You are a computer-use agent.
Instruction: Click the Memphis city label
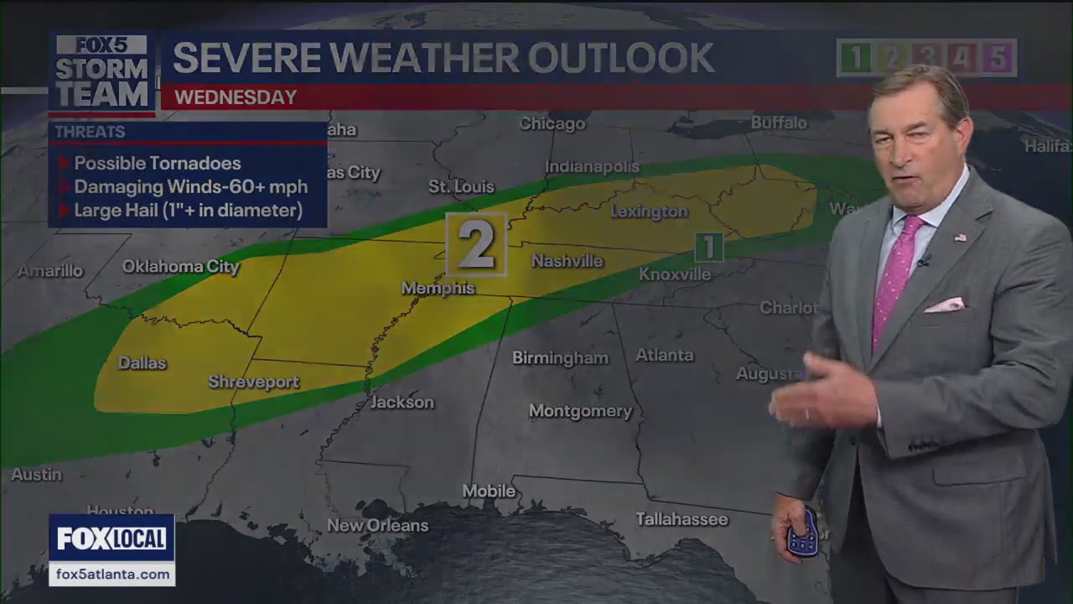[x=438, y=289]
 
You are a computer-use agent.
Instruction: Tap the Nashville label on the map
[x=568, y=262]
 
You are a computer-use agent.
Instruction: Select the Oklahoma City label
[x=180, y=267]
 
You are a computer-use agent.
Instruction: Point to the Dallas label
[x=143, y=363]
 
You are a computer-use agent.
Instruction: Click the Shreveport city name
[x=253, y=383]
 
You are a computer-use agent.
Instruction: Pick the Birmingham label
[x=560, y=358]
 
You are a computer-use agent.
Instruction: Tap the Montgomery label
[x=580, y=411]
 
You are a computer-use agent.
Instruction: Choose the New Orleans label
[x=377, y=526]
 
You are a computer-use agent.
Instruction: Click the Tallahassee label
[x=682, y=519]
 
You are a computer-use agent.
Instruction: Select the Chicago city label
[x=552, y=124]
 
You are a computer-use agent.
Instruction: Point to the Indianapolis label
[x=592, y=167]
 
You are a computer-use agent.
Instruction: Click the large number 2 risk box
[x=476, y=244]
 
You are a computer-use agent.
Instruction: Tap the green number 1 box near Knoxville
[x=709, y=247]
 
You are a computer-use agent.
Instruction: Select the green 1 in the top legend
[x=855, y=58]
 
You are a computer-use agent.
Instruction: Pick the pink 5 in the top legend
[x=998, y=58]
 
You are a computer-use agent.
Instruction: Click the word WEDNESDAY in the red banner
[x=236, y=97]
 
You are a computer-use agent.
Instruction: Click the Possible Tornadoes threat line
[x=157, y=164]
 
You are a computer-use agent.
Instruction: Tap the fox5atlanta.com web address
[x=111, y=575]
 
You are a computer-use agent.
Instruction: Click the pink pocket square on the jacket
[x=946, y=305]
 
